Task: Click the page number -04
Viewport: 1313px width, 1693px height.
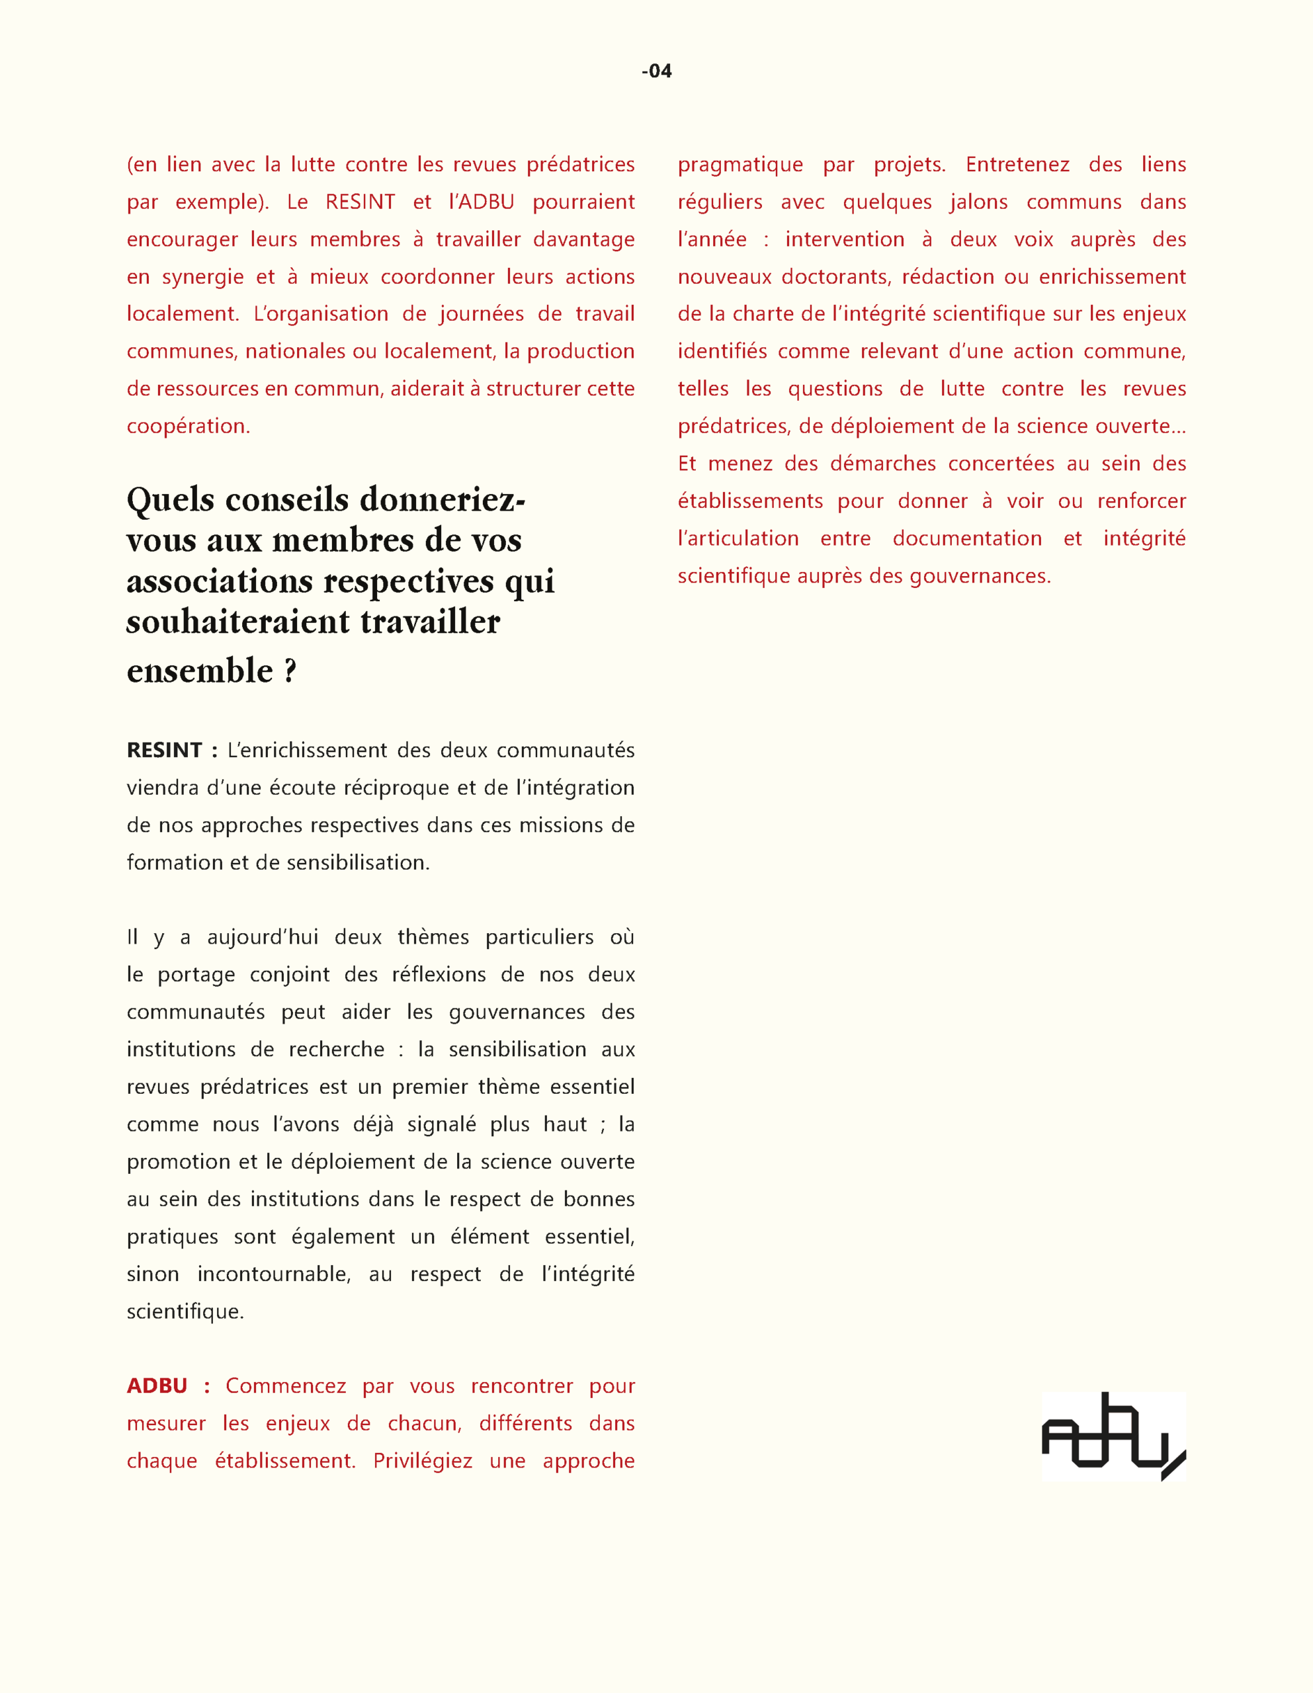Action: click(x=656, y=71)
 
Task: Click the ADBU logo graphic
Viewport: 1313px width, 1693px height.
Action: click(x=1113, y=1436)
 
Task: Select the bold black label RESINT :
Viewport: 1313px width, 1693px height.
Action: click(x=172, y=751)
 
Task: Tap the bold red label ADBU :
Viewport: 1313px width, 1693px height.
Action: click(x=168, y=1386)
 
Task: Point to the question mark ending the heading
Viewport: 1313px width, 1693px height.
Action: click(x=290, y=671)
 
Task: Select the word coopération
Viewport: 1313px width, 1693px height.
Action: click(x=188, y=427)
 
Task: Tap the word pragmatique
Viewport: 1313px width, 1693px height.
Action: click(x=740, y=165)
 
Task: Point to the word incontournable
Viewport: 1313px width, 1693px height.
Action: click(x=273, y=1274)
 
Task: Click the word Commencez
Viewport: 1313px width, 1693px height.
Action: click(x=285, y=1386)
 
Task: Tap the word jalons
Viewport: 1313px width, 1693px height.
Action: click(x=979, y=202)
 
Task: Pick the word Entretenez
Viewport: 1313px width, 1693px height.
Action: click(x=1017, y=165)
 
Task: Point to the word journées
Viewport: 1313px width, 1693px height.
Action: click(x=477, y=314)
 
